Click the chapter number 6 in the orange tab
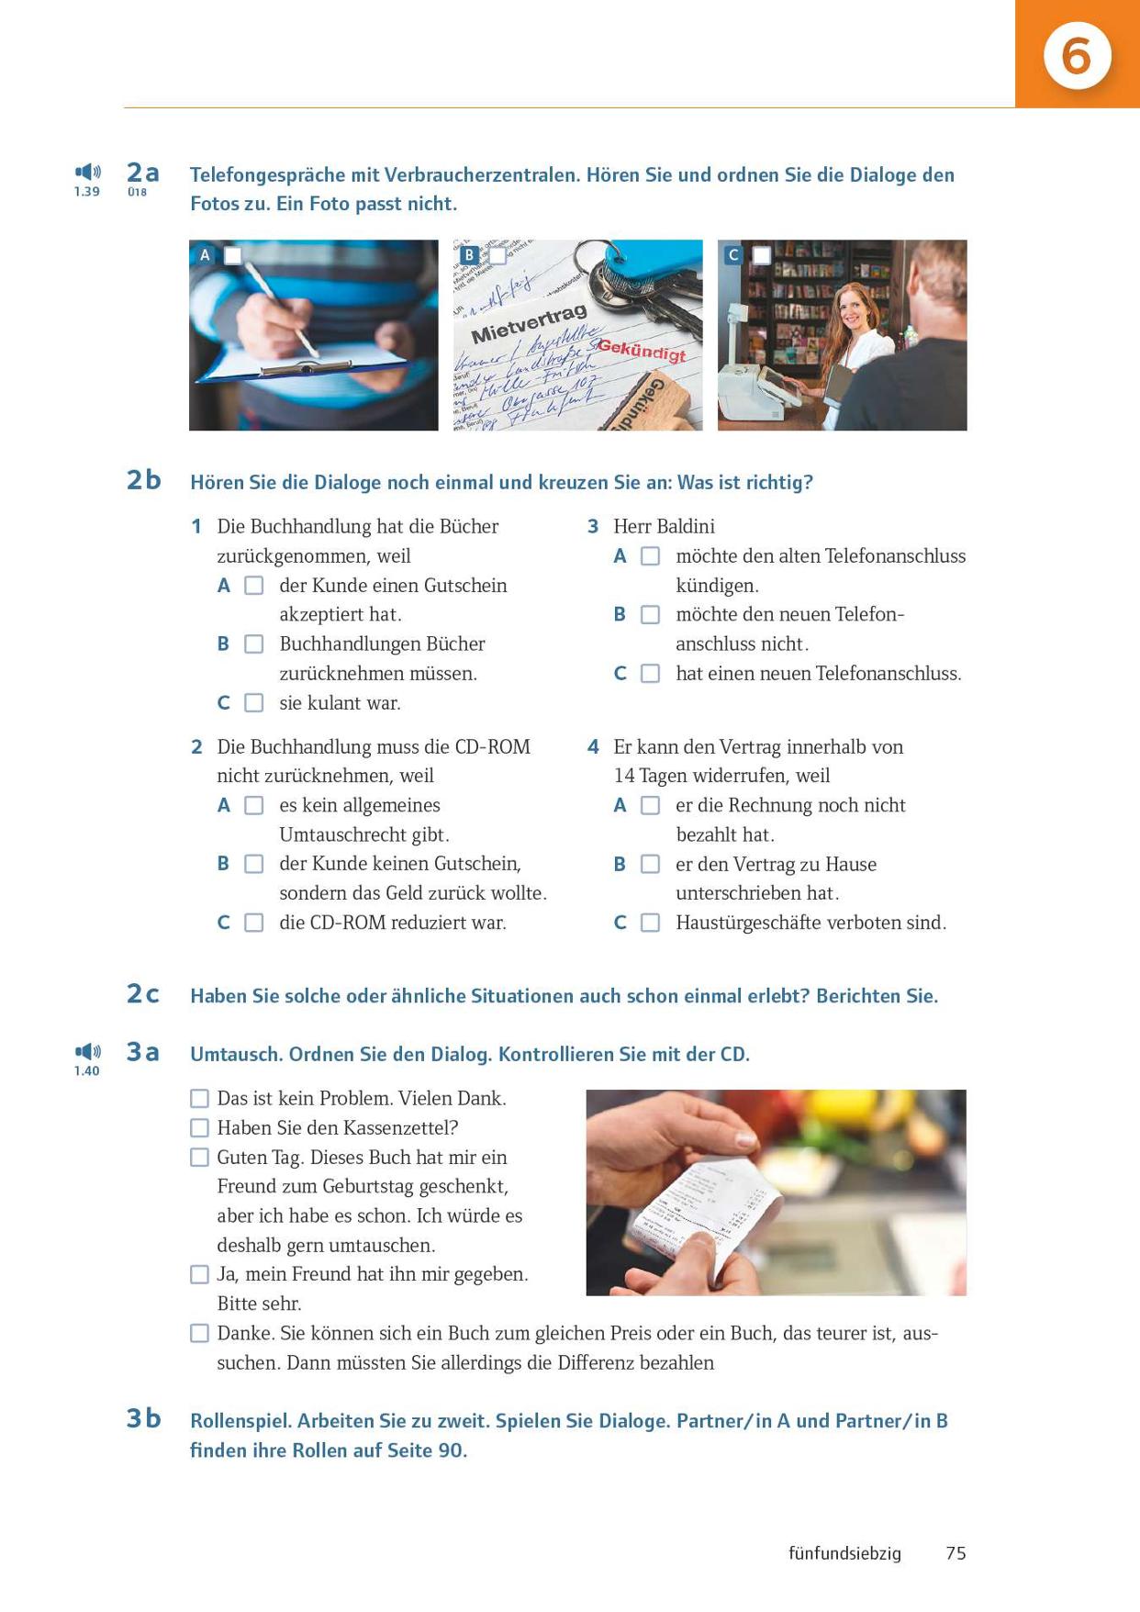(x=1076, y=56)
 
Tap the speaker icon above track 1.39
(x=87, y=172)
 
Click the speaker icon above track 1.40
(x=87, y=1051)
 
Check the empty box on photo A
(x=233, y=255)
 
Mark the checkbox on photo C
(x=762, y=255)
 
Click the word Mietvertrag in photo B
(x=529, y=325)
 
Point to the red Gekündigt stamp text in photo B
(x=642, y=350)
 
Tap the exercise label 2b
(x=143, y=480)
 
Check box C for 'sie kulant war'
(x=254, y=703)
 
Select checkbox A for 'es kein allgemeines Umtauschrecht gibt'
(x=254, y=805)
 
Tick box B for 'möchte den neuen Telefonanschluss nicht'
(x=650, y=615)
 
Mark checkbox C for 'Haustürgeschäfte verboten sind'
(x=650, y=923)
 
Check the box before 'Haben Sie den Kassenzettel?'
(x=199, y=1127)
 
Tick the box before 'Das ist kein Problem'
(x=199, y=1098)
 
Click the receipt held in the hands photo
(x=707, y=1212)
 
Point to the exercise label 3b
(x=143, y=1418)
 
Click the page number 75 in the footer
(x=956, y=1553)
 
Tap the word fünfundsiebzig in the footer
(x=844, y=1553)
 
